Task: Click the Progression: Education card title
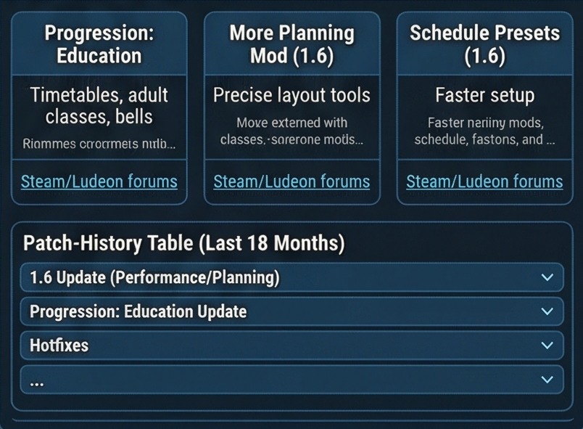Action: tap(99, 44)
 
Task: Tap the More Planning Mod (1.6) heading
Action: tap(291, 44)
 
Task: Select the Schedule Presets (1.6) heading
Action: tap(484, 44)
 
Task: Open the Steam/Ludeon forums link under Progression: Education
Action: tap(99, 181)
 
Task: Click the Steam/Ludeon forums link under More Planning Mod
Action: tap(291, 181)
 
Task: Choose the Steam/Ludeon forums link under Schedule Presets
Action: tap(484, 181)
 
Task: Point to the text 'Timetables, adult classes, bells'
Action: tap(99, 105)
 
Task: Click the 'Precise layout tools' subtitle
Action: tap(291, 95)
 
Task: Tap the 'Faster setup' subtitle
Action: tap(484, 95)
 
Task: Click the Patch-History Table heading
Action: tap(183, 243)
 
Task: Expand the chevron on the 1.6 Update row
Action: tap(547, 277)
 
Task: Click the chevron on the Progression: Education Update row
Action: tap(547, 311)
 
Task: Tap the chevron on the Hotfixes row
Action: tap(547, 346)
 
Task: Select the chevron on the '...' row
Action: tap(547, 380)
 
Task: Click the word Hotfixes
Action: tap(59, 346)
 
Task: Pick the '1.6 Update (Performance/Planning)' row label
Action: tap(154, 277)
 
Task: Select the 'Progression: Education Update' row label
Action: tap(138, 311)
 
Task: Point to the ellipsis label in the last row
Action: tap(37, 381)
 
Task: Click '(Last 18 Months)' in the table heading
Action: tap(271, 243)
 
